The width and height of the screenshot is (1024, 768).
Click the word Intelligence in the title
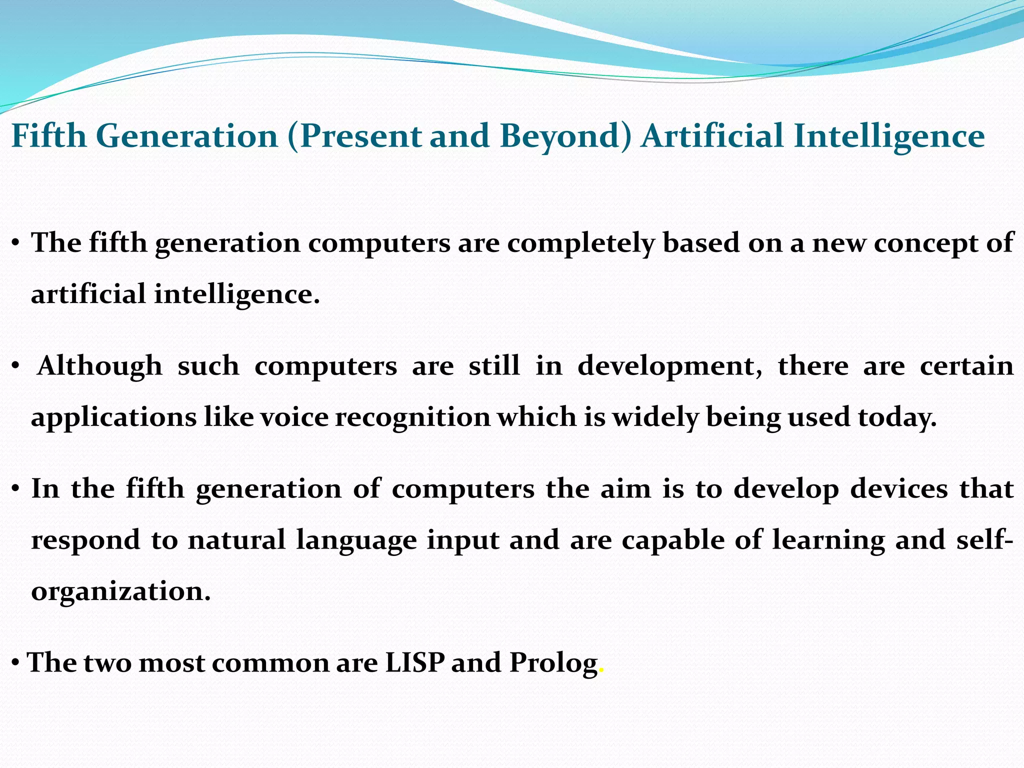[889, 136]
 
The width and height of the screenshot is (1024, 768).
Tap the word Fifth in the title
[49, 136]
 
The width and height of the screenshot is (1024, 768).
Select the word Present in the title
[360, 136]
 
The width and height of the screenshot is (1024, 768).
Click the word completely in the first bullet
[581, 243]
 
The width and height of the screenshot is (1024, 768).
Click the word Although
[100, 366]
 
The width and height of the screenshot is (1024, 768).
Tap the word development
[669, 367]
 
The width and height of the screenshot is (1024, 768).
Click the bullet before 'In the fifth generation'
[16, 488]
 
